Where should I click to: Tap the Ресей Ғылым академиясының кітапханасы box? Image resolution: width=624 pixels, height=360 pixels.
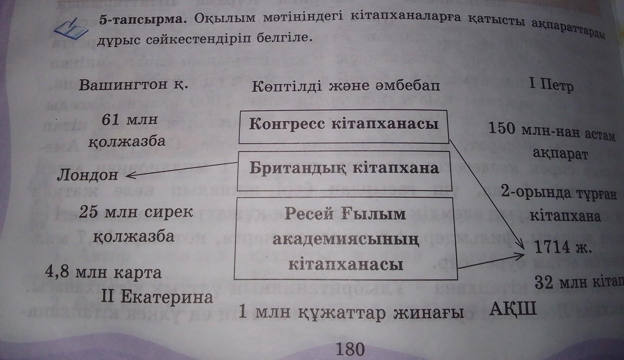point(346,238)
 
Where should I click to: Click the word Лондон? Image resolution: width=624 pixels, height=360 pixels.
point(88,175)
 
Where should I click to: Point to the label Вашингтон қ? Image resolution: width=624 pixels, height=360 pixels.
point(133,85)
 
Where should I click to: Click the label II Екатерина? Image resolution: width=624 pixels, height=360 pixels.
point(158,296)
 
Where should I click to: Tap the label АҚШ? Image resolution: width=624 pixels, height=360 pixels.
point(513,308)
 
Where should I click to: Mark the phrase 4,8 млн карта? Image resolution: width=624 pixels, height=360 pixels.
point(103,272)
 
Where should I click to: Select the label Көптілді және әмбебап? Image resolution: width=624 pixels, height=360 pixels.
point(346,86)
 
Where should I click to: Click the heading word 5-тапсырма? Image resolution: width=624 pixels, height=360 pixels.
point(140,20)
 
